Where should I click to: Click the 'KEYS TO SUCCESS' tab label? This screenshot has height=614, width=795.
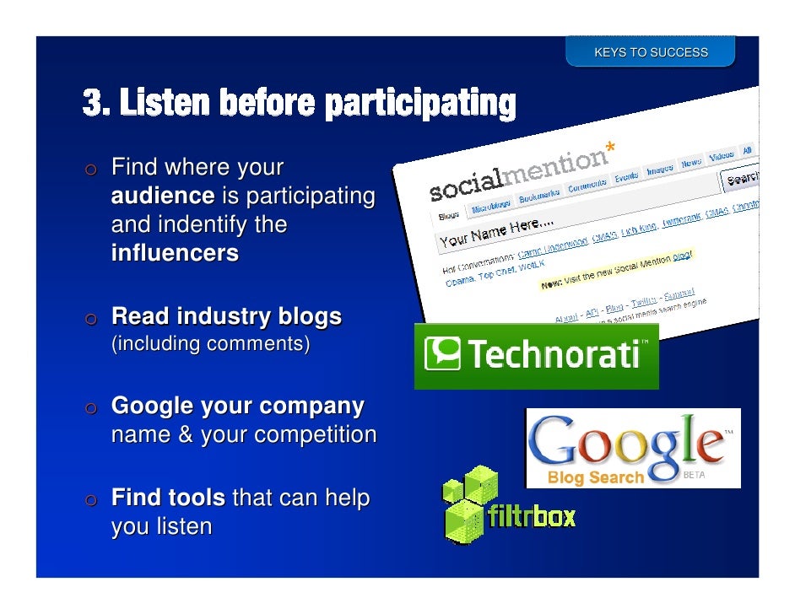click(x=651, y=52)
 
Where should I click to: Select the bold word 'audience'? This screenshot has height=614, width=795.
click(x=163, y=197)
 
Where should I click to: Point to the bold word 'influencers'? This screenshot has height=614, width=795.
click(x=175, y=253)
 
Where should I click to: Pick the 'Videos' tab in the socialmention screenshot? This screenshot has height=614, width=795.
click(x=721, y=157)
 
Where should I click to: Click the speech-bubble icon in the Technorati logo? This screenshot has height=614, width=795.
click(x=442, y=354)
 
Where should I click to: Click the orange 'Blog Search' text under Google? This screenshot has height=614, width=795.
click(x=596, y=478)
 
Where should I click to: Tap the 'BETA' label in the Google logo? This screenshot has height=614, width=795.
click(x=693, y=476)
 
